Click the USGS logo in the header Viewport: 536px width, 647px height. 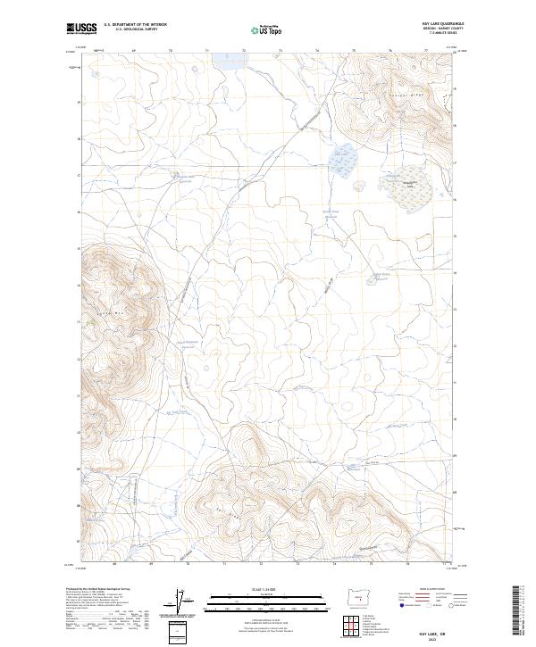(83, 29)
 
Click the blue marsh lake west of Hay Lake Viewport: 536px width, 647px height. (343, 160)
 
